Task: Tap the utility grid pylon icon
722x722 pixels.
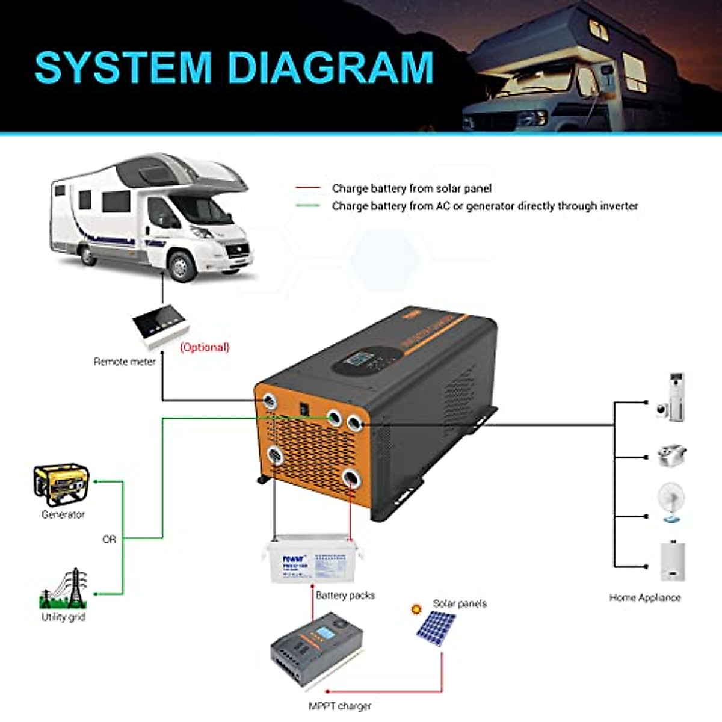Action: click(x=64, y=588)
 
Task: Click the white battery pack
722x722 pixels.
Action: click(x=312, y=561)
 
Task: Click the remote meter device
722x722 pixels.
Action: click(x=161, y=327)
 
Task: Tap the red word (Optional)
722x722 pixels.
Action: click(x=205, y=347)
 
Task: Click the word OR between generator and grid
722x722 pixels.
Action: click(x=109, y=540)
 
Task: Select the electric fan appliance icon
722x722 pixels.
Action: click(x=671, y=502)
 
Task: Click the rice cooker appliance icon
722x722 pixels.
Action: click(x=671, y=455)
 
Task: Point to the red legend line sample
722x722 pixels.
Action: click(x=307, y=188)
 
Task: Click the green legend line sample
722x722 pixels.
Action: click(x=307, y=206)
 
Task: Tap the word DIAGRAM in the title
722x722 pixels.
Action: click(x=331, y=67)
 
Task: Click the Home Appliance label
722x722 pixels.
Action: click(x=645, y=597)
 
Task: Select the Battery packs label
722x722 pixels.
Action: click(x=345, y=595)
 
